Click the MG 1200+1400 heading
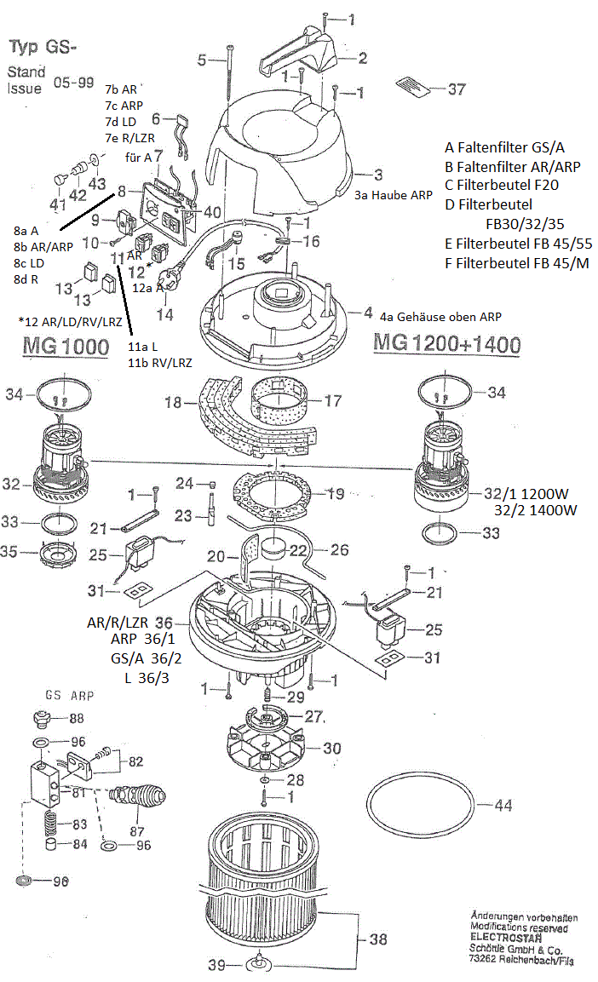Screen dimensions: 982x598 446,343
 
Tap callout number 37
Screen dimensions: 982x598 457,89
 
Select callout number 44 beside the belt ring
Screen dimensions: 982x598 504,804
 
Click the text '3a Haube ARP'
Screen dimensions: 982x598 393,194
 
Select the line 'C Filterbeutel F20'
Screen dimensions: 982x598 502,185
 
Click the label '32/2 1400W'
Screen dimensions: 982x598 535,510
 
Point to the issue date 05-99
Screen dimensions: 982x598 74,83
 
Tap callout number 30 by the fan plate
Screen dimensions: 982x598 331,748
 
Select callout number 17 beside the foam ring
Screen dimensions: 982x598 331,399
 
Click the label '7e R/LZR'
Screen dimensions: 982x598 129,137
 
